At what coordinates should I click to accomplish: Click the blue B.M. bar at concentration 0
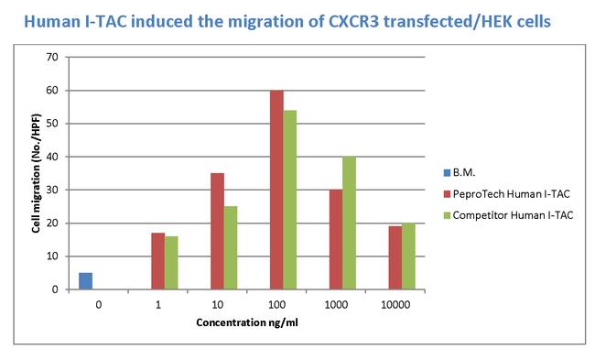(86, 281)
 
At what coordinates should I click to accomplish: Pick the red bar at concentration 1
(158, 261)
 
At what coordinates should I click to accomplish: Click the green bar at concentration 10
(230, 247)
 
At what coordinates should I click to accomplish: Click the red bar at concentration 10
(217, 231)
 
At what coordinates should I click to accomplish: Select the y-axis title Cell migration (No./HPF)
(36, 173)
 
